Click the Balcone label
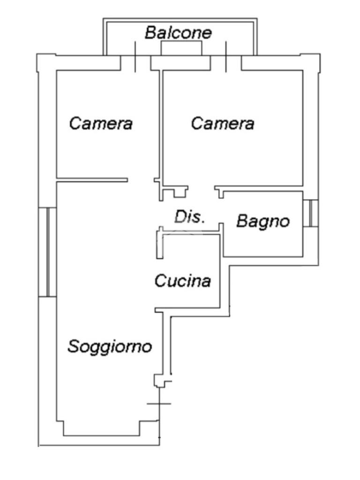pyautogui.click(x=178, y=33)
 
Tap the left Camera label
pyautogui.click(x=101, y=124)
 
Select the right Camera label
pyautogui.click(x=223, y=124)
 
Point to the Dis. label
pyautogui.click(x=189, y=217)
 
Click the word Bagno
pyautogui.click(x=263, y=221)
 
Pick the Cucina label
pyautogui.click(x=182, y=281)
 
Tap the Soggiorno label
pyautogui.click(x=110, y=346)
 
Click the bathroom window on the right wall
pyautogui.click(x=310, y=213)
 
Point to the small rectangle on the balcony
pyautogui.click(x=181, y=48)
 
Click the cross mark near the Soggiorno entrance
pyautogui.click(x=159, y=403)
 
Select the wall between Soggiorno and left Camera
pyautogui.click(x=92, y=180)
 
